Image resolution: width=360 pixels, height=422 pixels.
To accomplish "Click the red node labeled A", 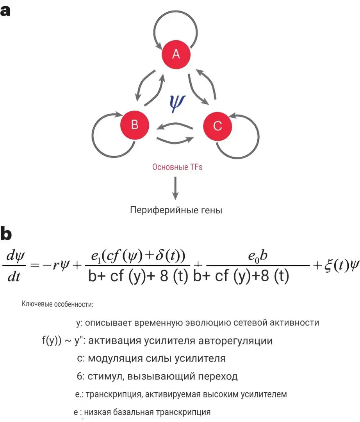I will pos(176,54).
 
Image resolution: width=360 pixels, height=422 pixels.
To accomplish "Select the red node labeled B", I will pos(135,125).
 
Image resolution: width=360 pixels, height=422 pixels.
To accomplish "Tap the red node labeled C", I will pos(217,126).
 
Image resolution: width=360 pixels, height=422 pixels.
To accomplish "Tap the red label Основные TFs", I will pos(177,167).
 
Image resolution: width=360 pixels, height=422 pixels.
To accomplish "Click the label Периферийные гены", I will pos(176,210).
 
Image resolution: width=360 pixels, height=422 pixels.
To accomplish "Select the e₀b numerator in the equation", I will pos(258,257).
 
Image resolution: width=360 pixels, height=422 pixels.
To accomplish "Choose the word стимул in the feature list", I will pos(102,377).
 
